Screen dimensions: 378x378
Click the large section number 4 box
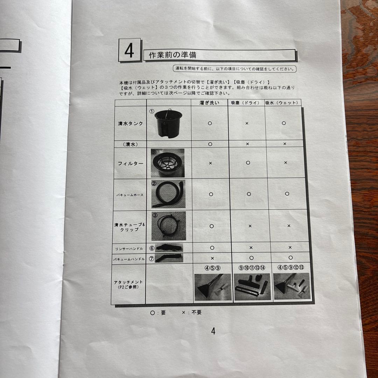[x=129, y=50]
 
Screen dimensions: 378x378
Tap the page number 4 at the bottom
[x=213, y=331]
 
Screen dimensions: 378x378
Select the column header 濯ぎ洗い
[x=209, y=103]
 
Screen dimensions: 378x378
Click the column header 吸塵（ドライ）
[x=246, y=103]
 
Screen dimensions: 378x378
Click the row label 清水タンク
[x=130, y=124]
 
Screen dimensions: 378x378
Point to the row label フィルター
[x=130, y=163]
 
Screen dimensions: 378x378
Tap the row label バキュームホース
[x=130, y=194]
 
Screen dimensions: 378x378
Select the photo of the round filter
[x=168, y=163]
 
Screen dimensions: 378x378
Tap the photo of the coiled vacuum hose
[x=168, y=194]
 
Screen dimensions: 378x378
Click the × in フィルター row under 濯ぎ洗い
[x=210, y=163]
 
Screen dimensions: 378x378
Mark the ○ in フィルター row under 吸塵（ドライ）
[x=248, y=162]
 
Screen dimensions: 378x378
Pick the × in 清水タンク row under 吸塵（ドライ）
[x=247, y=124]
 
